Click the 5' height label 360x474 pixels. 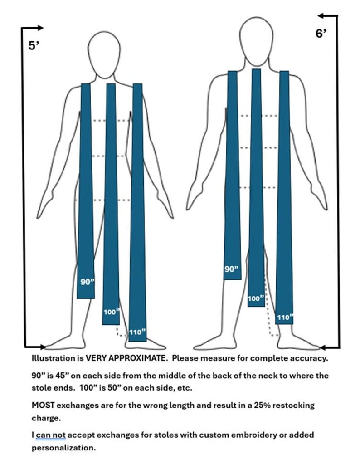(34, 46)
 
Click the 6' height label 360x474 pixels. (321, 33)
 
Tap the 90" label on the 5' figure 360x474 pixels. (88, 282)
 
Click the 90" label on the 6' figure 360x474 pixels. (232, 269)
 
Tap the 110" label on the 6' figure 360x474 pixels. (285, 318)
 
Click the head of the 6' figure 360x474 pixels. (256, 43)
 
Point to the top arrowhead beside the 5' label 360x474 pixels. (40, 28)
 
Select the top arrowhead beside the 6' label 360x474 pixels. (321, 15)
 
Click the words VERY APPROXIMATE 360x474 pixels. (126, 358)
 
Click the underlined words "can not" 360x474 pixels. (51, 435)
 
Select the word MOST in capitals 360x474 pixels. (43, 405)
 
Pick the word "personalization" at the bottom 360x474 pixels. (64, 448)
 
